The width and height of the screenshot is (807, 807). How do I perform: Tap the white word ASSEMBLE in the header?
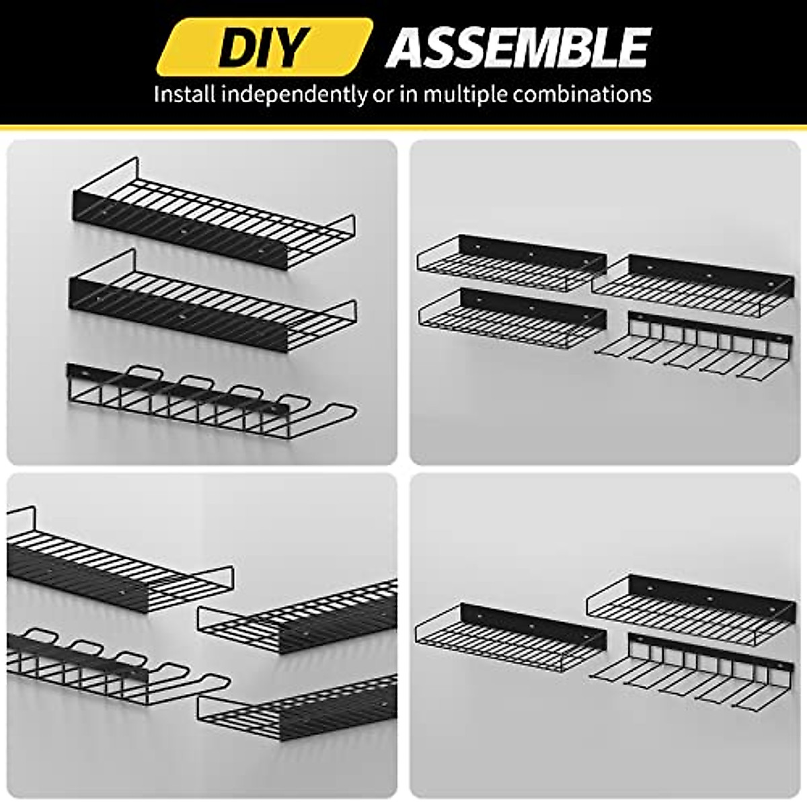coord(518,47)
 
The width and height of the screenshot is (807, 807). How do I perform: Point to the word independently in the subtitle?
coord(296,94)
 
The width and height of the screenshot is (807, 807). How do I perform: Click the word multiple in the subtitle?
coord(465,94)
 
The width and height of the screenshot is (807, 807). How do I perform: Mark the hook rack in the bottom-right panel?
coord(693,672)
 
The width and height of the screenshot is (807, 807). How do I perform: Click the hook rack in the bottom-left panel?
coord(114,666)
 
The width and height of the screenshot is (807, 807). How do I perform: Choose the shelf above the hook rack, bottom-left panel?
coord(114,565)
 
